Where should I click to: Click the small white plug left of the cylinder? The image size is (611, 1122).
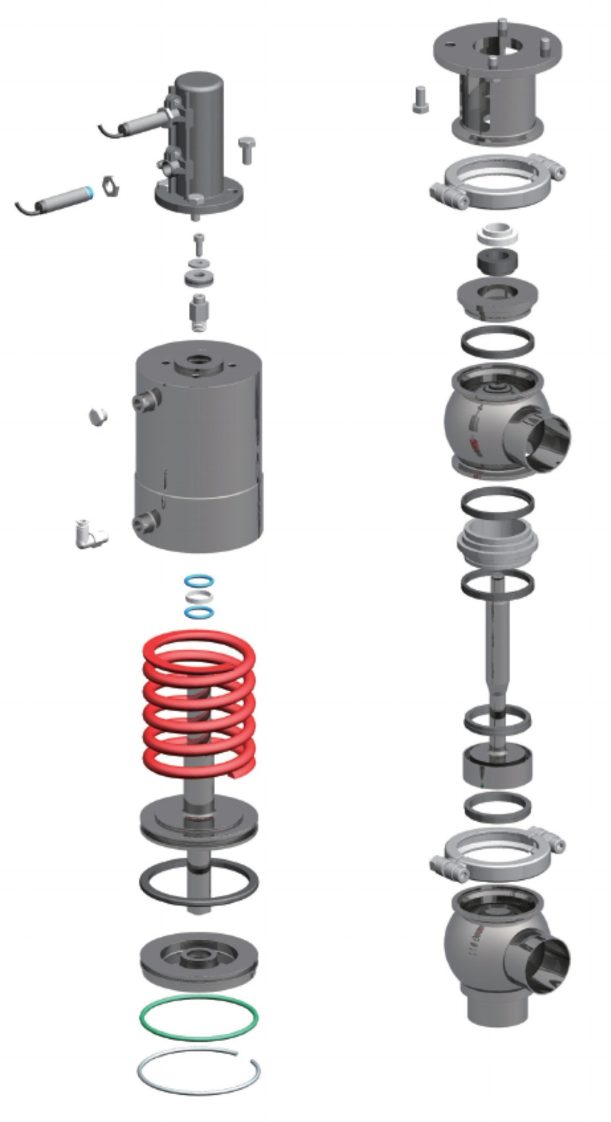(x=98, y=417)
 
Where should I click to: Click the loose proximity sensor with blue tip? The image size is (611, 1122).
(x=61, y=199)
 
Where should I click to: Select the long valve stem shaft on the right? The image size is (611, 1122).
(x=498, y=646)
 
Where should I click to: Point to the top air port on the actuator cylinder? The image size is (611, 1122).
(x=146, y=400)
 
